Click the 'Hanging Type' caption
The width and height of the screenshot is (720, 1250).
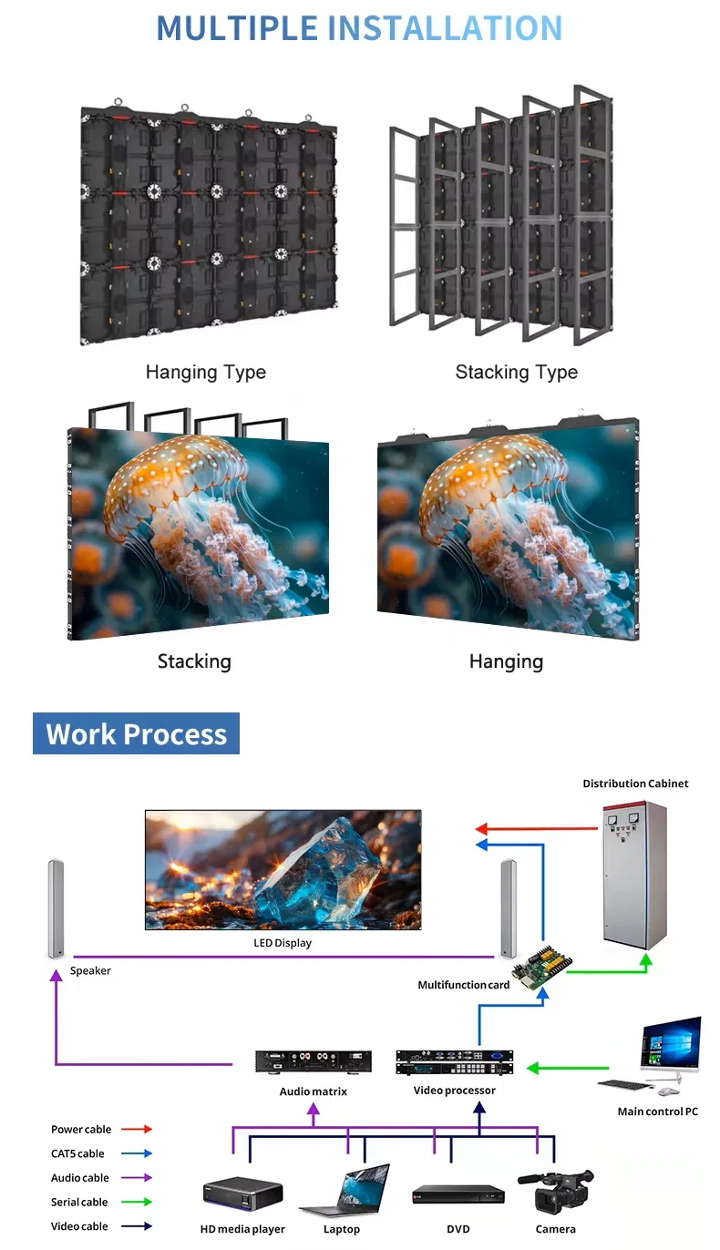click(x=205, y=372)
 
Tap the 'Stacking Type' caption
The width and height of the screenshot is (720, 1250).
click(x=516, y=372)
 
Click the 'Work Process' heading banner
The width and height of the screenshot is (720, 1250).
click(x=136, y=733)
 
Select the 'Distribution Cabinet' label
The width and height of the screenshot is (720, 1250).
click(x=635, y=784)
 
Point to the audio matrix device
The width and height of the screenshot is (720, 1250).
click(x=314, y=1061)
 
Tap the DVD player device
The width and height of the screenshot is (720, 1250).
click(x=458, y=1194)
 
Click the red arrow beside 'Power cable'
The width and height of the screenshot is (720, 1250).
click(x=136, y=1130)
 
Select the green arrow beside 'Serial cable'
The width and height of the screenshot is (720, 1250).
click(x=136, y=1203)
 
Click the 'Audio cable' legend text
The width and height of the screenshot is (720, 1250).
click(x=79, y=1178)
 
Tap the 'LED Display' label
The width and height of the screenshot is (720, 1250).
click(x=282, y=943)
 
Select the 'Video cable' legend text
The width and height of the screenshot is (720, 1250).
click(x=79, y=1226)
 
